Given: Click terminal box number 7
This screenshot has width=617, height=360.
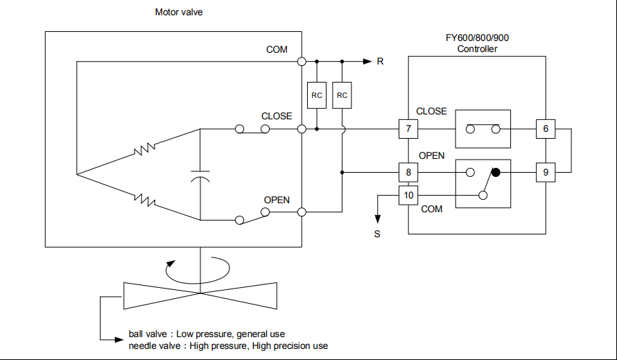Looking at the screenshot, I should click(408, 129).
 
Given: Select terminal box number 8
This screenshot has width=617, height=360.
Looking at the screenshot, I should click(408, 173).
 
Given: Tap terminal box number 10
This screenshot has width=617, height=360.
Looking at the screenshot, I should click(408, 195).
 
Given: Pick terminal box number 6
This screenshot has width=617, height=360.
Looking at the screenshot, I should click(546, 129).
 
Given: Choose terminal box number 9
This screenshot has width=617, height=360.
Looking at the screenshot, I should click(546, 173).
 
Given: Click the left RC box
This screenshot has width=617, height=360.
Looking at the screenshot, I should click(317, 96).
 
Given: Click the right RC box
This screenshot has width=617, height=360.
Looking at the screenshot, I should click(342, 96).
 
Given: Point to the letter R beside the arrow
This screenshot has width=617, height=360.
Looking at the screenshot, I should click(380, 62).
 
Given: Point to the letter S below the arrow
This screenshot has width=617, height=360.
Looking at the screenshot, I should click(377, 234).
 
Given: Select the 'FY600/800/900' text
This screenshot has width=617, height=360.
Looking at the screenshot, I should click(477, 38).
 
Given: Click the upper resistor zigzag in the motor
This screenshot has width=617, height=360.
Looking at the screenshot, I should click(145, 148).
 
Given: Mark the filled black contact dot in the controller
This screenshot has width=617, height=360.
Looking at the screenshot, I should click(496, 172).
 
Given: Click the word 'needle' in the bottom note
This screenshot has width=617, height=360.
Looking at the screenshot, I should click(142, 345).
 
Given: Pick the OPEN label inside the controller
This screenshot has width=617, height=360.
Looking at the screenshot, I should click(431, 155).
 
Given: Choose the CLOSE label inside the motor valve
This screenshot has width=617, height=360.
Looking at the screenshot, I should click(277, 116).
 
